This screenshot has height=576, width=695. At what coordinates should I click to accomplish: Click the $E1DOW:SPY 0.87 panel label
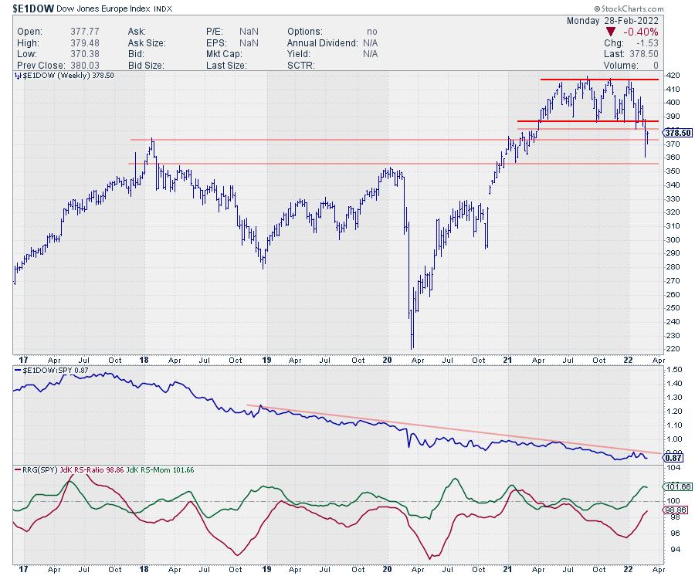50,371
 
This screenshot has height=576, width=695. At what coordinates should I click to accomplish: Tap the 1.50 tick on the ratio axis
672,371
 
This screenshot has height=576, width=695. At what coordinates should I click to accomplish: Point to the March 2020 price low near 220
412,347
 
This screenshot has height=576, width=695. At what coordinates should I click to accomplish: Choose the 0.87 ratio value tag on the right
670,457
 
